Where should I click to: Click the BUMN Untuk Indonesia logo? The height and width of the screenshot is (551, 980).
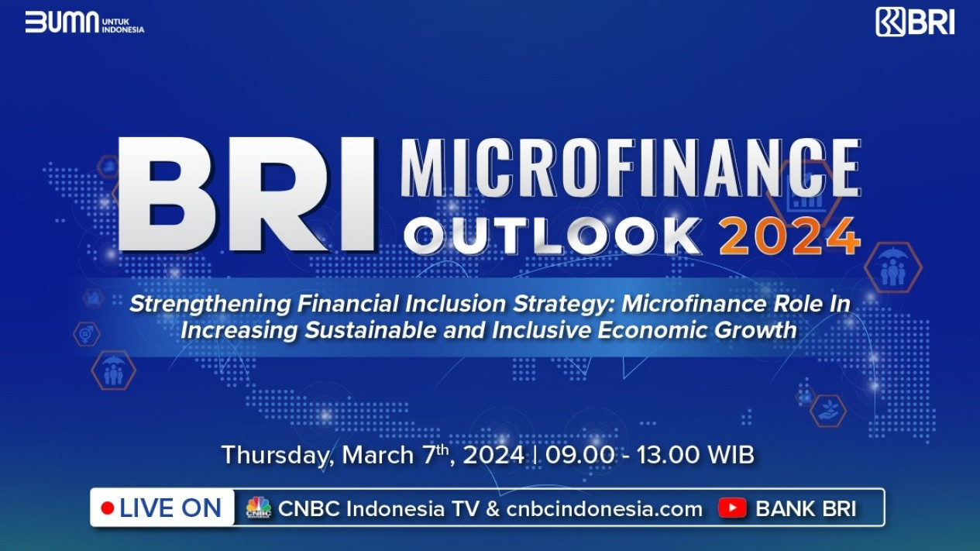84,22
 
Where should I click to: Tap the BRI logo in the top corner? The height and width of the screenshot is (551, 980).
915,22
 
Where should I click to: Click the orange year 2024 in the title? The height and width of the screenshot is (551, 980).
790,236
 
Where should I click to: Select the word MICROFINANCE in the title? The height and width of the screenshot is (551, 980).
631,167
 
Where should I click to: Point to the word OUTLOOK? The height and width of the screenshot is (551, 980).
552,236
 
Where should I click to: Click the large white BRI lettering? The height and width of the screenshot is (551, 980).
247,195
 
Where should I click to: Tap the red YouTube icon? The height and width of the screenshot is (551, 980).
732,508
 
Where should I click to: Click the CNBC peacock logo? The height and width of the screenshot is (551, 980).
259,508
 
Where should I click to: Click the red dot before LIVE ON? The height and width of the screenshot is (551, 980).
108,508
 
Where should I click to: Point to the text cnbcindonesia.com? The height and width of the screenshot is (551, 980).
604,509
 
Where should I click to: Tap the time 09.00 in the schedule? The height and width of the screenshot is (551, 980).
579,455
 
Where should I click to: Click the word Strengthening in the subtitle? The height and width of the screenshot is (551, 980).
210,305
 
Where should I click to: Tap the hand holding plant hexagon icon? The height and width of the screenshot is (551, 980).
827,411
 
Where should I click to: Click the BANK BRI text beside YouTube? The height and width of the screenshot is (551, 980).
806,509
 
